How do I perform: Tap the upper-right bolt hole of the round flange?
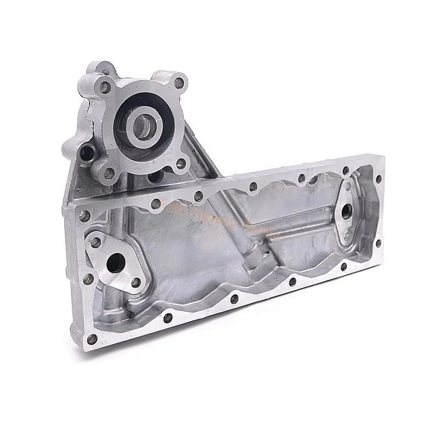178,83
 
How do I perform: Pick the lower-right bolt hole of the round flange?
180,163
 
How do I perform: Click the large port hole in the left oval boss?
114,263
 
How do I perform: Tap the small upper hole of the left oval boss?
96,241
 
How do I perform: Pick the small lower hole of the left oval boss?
136,283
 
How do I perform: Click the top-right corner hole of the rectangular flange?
378,179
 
